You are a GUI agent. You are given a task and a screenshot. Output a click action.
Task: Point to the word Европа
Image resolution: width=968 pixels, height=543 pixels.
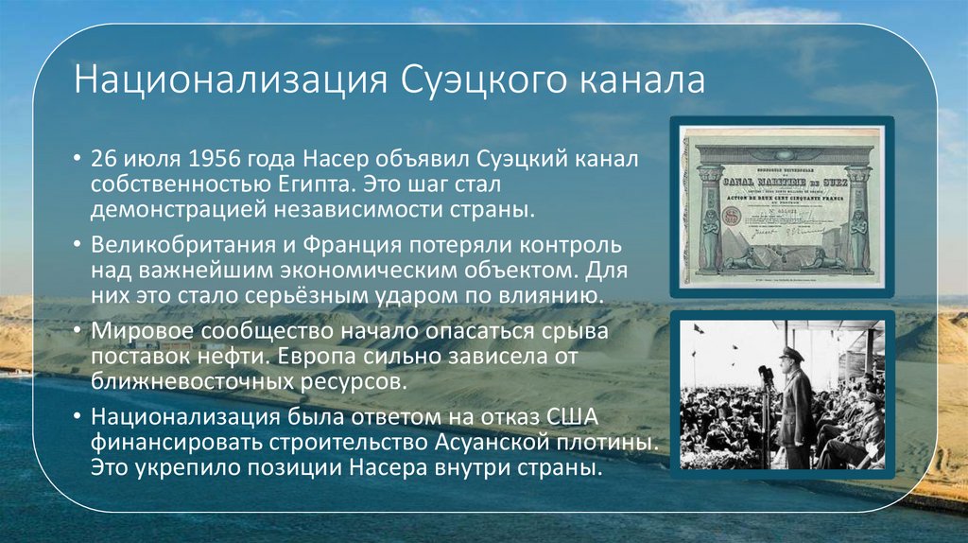(x=335, y=359)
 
